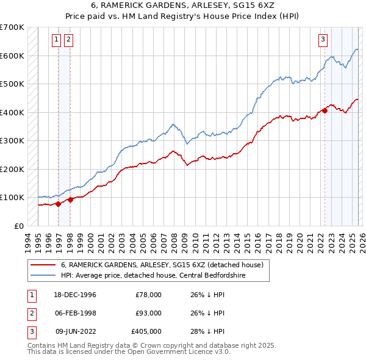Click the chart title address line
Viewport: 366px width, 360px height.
click(182, 6)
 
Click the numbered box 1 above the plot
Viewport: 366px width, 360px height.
click(56, 40)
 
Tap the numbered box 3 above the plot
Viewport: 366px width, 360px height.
click(322, 40)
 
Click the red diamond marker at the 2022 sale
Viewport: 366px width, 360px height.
click(325, 110)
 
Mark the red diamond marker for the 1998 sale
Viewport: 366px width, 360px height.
click(71, 199)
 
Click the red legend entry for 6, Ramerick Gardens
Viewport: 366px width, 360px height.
click(162, 265)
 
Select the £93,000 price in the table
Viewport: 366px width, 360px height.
click(149, 313)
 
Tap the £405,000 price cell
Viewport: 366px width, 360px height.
click(146, 331)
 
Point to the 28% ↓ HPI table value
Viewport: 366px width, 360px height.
click(207, 331)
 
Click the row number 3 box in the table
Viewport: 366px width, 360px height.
click(30, 331)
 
